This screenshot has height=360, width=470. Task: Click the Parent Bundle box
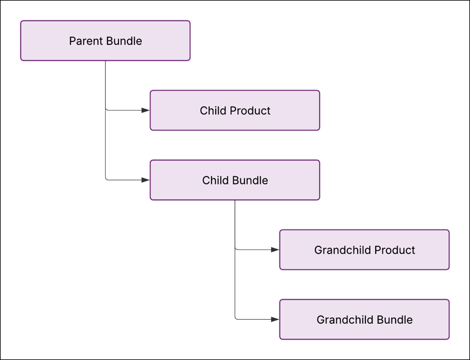pyautogui.click(x=105, y=41)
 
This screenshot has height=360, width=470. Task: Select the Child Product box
pyautogui.click(x=234, y=111)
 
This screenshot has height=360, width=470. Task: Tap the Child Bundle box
pyautogui.click(x=234, y=180)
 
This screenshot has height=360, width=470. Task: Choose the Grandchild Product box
pyautogui.click(x=364, y=250)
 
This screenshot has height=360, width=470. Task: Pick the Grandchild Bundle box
pyautogui.click(x=364, y=320)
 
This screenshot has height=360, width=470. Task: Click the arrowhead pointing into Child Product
pyautogui.click(x=145, y=111)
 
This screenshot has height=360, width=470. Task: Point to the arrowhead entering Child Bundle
pyautogui.click(x=145, y=180)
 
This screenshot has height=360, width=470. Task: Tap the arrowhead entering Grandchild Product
pyautogui.click(x=275, y=250)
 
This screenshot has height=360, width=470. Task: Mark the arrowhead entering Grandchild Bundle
pyautogui.click(x=275, y=320)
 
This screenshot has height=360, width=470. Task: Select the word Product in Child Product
pyautogui.click(x=249, y=111)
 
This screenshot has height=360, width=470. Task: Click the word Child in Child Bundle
pyautogui.click(x=215, y=181)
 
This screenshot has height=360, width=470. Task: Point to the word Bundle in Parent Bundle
pyautogui.click(x=124, y=41)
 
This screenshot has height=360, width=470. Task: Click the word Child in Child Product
pyautogui.click(x=212, y=111)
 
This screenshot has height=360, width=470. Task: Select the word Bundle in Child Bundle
pyautogui.click(x=249, y=181)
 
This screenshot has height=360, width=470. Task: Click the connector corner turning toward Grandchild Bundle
pyautogui.click(x=236, y=319)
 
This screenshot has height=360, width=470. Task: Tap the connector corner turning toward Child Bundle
pyautogui.click(x=106, y=180)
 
